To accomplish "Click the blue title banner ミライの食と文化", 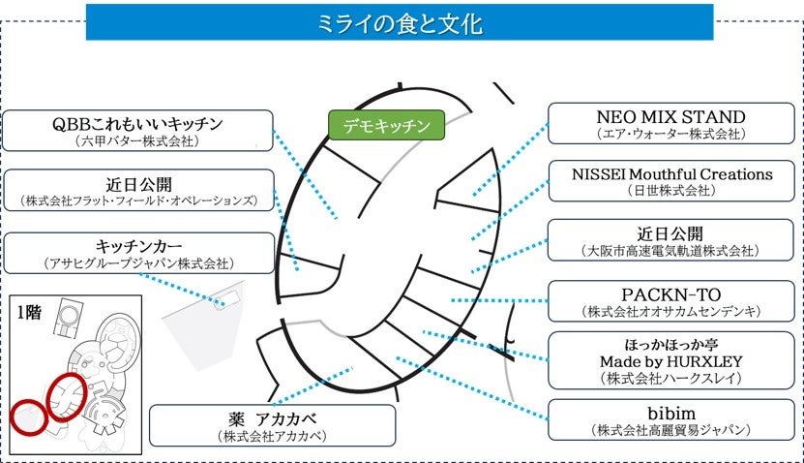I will pos(400,22).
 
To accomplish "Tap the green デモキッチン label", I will pos(385,125).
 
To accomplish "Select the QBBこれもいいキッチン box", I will pos(137,131).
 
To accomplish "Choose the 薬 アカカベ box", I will pos(272,425).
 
